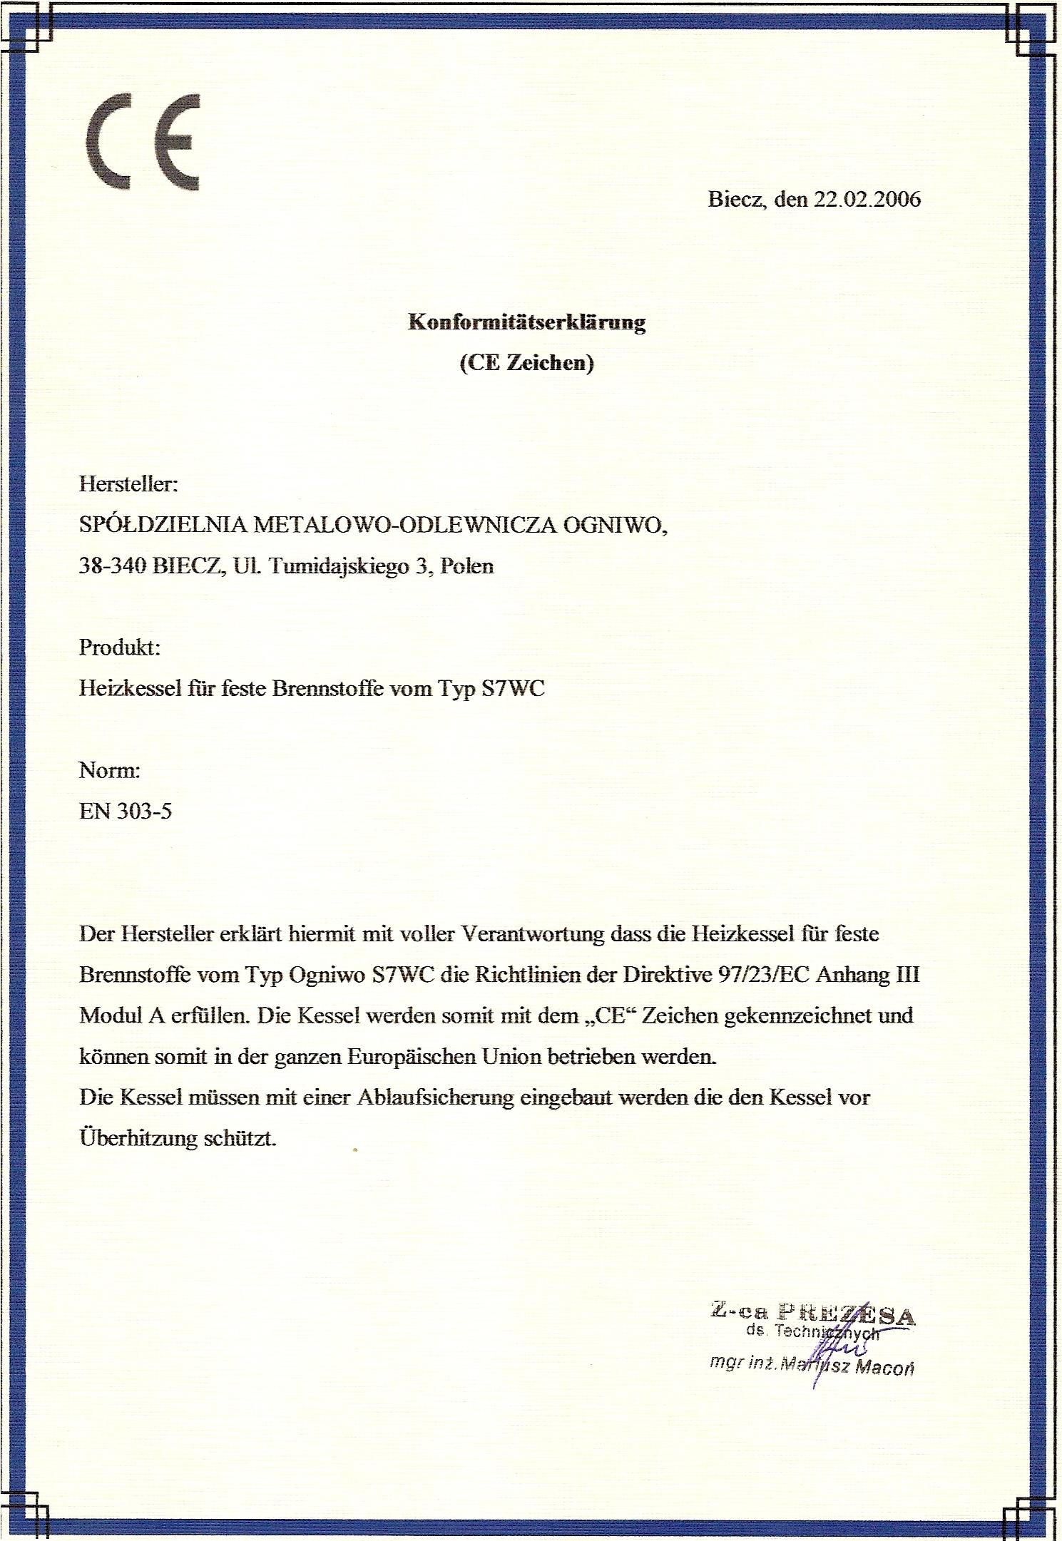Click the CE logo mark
coord(143,143)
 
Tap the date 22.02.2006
coord(867,199)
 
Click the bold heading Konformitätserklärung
coord(526,322)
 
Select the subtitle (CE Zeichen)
coord(526,364)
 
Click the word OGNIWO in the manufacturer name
coord(615,526)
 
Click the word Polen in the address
coord(467,566)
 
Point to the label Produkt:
coord(119,647)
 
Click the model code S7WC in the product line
coord(514,689)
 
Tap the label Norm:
coord(109,770)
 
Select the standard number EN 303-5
coord(126,812)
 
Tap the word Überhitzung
coord(137,1138)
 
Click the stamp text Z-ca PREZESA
coord(812,1311)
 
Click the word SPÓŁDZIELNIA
coord(163,526)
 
